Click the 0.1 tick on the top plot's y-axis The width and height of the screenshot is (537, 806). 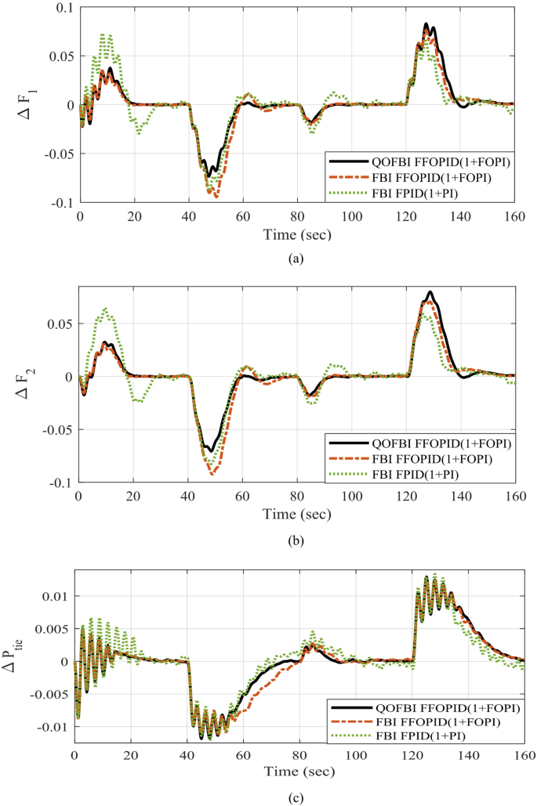63,7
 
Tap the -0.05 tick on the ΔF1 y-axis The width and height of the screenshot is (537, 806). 56,154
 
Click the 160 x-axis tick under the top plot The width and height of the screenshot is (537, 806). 515,216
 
